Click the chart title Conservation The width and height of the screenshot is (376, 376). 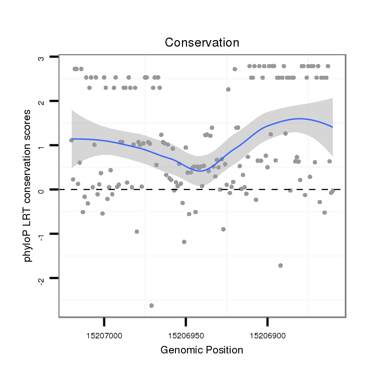(x=202, y=42)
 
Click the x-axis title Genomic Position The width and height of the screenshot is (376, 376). (x=202, y=350)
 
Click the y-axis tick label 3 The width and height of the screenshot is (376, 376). (x=42, y=58)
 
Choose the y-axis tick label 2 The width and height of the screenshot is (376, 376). (x=42, y=101)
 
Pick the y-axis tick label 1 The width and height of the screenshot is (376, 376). (x=42, y=145)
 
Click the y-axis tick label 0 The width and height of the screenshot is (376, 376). (x=42, y=190)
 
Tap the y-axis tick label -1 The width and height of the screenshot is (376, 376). (x=42, y=235)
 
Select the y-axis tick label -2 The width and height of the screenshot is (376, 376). (x=42, y=279)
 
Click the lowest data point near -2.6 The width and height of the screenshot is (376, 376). (x=151, y=305)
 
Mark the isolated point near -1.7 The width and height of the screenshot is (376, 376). (x=280, y=265)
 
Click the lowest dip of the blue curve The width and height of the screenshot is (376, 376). (x=199, y=171)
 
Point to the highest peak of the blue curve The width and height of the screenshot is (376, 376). (x=300, y=119)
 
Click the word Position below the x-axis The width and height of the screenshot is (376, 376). (x=223, y=350)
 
